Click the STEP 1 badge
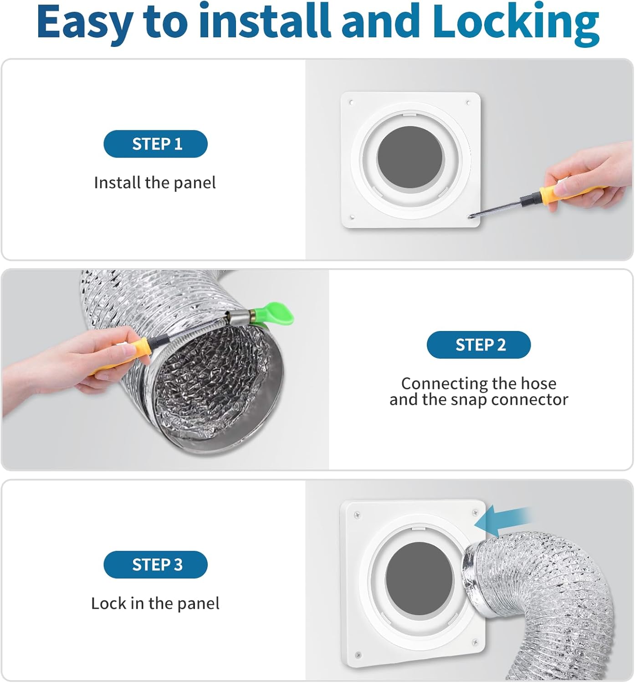156,144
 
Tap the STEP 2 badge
479,345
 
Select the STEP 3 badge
156,564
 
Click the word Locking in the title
516,22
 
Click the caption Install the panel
155,183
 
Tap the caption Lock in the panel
155,604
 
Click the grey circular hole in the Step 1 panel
410,157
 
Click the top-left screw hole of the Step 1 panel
351,102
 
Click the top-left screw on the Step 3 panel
358,515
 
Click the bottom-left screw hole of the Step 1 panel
352,217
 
